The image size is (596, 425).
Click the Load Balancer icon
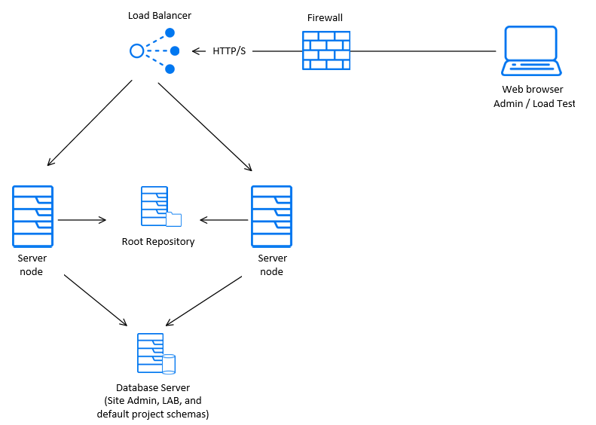[x=154, y=51]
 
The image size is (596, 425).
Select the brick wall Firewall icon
[x=326, y=50]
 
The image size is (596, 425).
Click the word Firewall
[x=326, y=17]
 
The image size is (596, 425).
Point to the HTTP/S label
[x=229, y=51]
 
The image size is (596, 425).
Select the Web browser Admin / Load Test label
[x=533, y=96]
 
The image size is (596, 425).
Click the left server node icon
[x=32, y=217]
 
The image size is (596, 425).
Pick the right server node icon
[x=271, y=217]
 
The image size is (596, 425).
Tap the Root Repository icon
[x=160, y=207]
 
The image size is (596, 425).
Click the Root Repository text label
[x=158, y=242]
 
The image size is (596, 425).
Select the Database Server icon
[x=155, y=353]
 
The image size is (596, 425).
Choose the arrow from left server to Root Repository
[x=81, y=220]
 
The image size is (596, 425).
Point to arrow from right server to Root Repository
[x=225, y=220]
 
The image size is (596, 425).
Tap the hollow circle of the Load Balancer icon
[x=136, y=51]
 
